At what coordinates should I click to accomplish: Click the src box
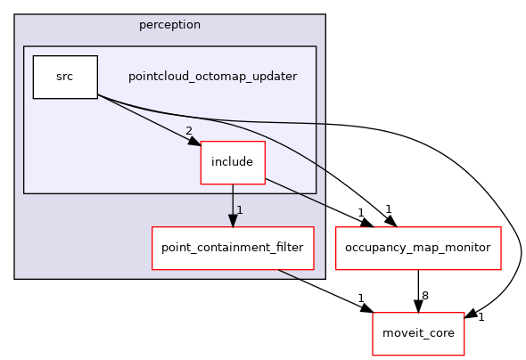point(64,77)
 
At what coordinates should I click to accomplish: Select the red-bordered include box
point(233,162)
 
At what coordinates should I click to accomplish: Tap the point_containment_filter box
point(232,247)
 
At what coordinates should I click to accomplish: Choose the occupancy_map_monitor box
point(417,247)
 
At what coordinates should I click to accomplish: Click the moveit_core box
point(417,332)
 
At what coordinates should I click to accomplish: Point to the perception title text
point(169,24)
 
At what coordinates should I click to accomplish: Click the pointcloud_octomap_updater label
point(212,77)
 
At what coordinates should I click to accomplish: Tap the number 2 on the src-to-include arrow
point(188,132)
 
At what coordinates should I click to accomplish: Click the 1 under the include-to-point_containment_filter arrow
point(240,210)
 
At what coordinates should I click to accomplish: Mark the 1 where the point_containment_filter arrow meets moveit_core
point(361,299)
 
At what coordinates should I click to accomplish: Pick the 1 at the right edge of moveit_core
point(481,317)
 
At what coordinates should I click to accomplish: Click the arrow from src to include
point(147,119)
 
